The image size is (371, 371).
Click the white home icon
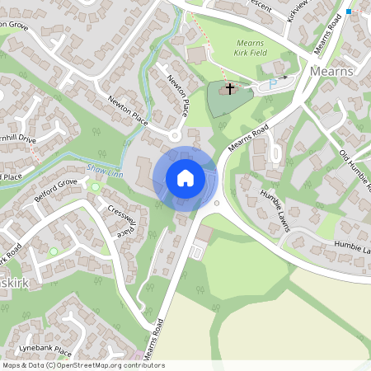coord(185,178)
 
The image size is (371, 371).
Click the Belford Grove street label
coord(55,181)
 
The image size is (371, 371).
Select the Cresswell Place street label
coord(120,218)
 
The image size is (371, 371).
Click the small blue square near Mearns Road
coord(350,12)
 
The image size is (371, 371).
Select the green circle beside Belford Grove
coord(95,187)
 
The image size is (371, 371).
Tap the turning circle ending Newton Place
coord(175,135)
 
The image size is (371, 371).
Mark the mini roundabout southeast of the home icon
coord(216,203)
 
